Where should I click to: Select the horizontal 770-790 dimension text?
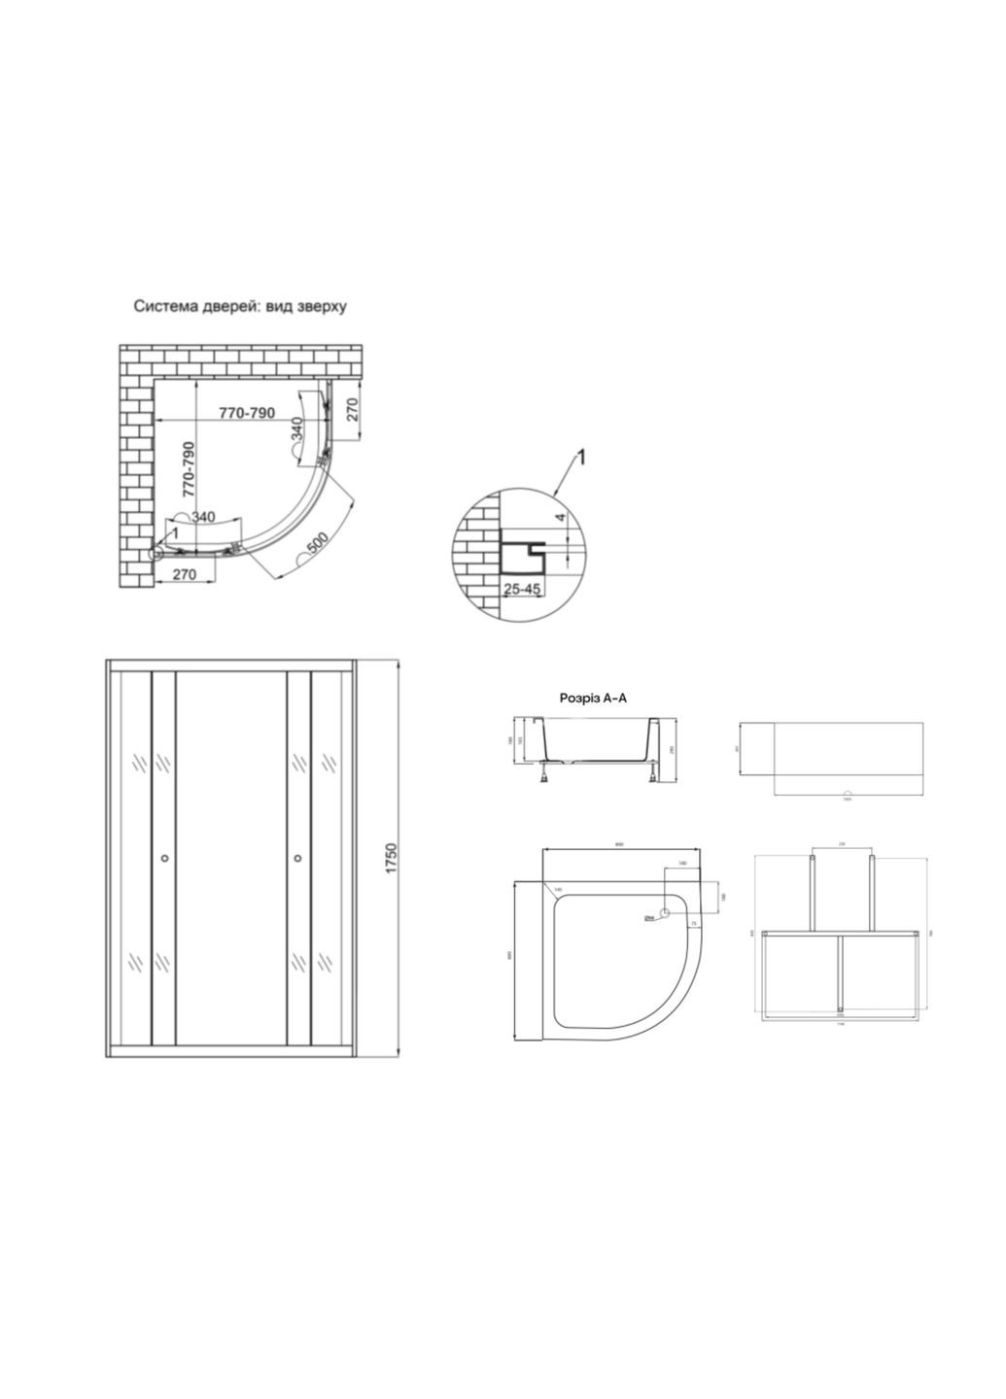point(246,413)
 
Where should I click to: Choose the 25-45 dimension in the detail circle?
point(522,589)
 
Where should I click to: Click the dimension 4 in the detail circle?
point(560,519)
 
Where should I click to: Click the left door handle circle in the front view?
point(164,858)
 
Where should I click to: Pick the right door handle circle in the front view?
point(297,858)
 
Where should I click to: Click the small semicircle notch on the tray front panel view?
point(847,793)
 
